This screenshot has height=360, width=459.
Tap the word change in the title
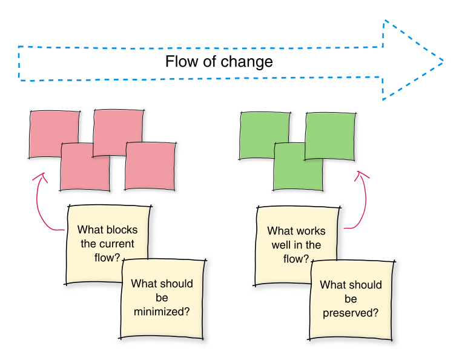point(246,62)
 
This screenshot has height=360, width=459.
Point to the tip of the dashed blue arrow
point(443,61)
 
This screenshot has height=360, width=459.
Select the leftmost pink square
point(54,134)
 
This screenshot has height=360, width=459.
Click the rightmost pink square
point(150,167)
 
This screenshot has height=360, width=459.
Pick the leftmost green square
point(265,136)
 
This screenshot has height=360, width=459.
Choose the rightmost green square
point(330,136)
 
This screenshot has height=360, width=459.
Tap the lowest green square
point(298,167)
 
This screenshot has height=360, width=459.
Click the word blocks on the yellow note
point(122,230)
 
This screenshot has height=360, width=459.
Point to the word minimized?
point(162,312)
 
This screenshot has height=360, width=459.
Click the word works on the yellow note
point(311,231)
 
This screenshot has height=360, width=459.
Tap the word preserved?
point(351,313)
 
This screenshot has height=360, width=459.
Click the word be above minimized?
point(162,298)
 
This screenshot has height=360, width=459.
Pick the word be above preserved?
point(351,299)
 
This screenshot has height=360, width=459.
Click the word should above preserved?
point(366,285)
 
